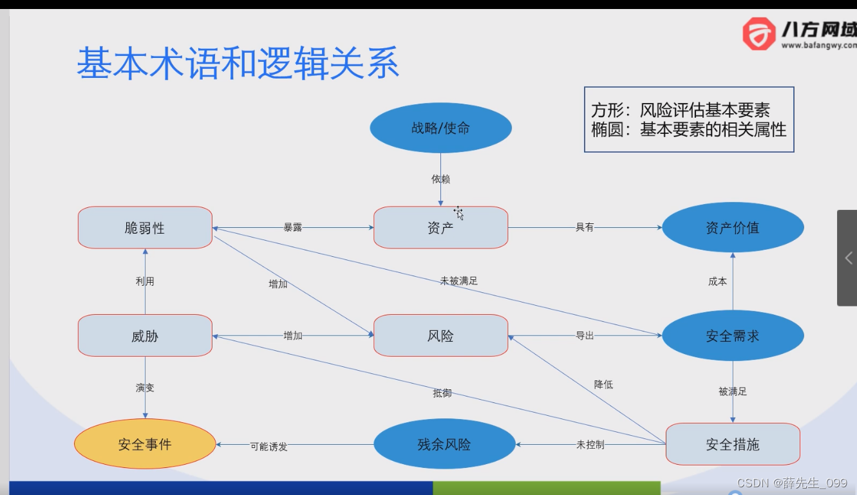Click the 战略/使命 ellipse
[440, 128]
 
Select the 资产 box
[440, 228]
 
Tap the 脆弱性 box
[145, 228]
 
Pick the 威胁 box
[145, 336]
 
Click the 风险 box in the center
[440, 336]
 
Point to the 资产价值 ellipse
[733, 228]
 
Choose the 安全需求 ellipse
[733, 336]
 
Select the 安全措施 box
[733, 444]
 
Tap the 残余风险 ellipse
[444, 444]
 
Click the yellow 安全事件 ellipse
[145, 444]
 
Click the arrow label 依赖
[440, 179]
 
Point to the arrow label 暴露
[293, 227]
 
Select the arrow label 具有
[585, 227]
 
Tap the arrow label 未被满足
[458, 281]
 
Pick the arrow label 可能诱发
[268, 446]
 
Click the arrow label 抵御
[442, 393]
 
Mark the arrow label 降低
[603, 384]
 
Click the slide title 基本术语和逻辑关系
[238, 63]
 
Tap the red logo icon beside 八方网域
[759, 33]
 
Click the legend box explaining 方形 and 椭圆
[689, 120]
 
